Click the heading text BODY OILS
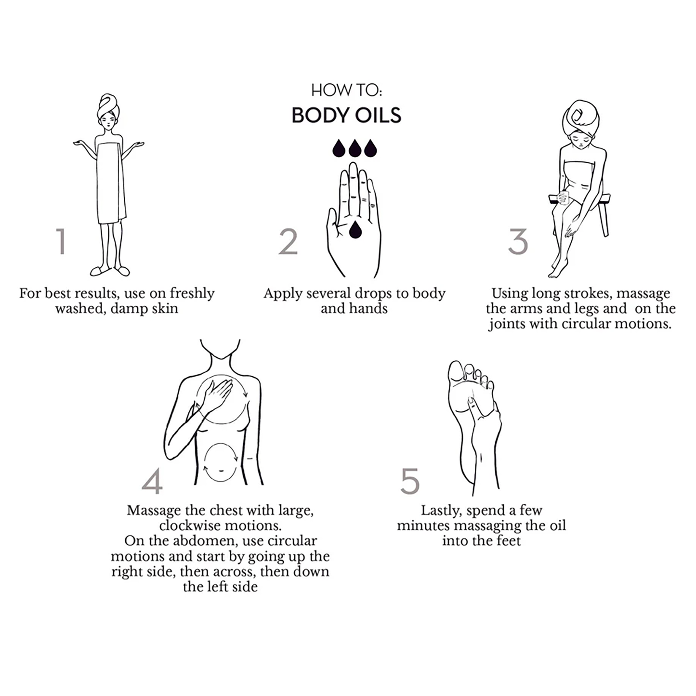coord(346,116)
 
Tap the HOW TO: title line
coord(346,90)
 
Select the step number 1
coord(61,241)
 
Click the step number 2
coord(288,241)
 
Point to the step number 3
coord(518,241)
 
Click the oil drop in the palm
coord(355,230)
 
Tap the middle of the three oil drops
coord(355,148)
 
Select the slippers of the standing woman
coord(110,271)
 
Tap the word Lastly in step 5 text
coord(441,511)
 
